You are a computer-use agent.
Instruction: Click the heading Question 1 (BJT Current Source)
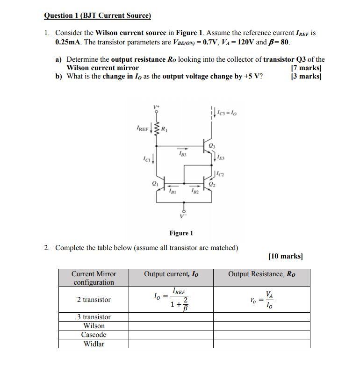(x=97, y=15)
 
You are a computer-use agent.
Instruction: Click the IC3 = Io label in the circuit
(x=227, y=112)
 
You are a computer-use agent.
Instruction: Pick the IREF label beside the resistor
(x=142, y=127)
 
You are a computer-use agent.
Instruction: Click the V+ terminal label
(x=157, y=107)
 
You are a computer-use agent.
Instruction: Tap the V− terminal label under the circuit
(x=183, y=215)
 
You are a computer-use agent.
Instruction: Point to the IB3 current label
(x=181, y=153)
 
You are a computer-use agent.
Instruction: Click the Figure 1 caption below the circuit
(x=181, y=233)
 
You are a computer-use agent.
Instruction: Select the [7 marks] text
(x=306, y=68)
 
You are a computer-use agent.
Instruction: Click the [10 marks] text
(x=286, y=256)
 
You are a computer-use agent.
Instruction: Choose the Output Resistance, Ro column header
(x=261, y=274)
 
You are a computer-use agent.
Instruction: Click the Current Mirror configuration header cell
(x=94, y=278)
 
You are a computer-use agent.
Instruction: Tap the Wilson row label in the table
(x=94, y=326)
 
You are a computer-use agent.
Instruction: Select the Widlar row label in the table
(x=94, y=344)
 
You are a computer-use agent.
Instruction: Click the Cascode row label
(x=94, y=335)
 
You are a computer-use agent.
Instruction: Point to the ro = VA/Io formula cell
(x=261, y=300)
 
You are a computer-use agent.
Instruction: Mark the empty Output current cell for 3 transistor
(x=171, y=317)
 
